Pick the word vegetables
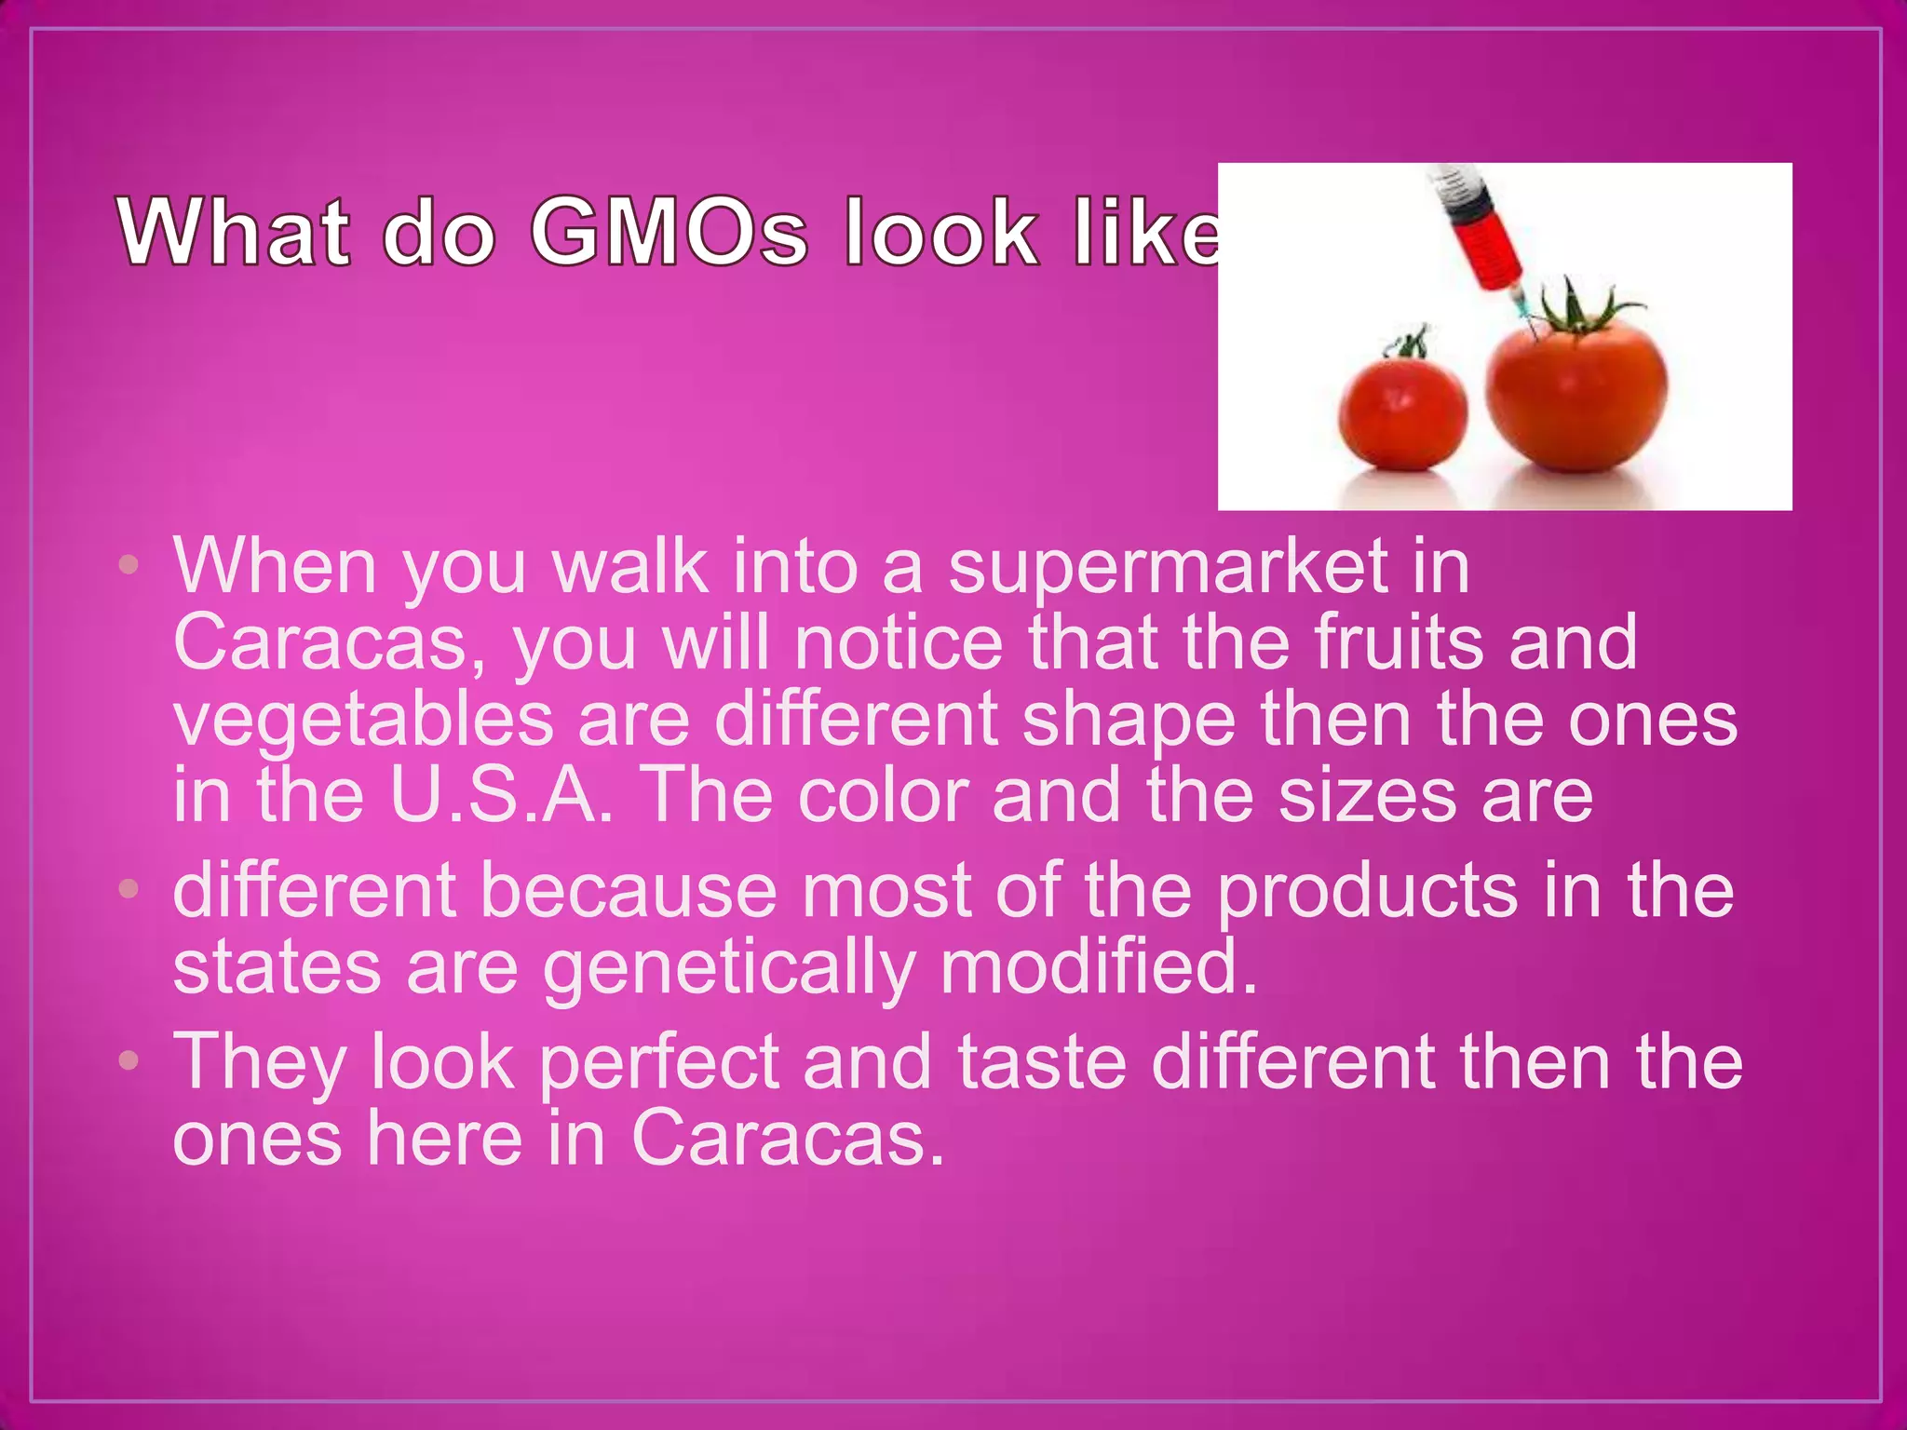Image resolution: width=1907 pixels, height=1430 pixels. [363, 722]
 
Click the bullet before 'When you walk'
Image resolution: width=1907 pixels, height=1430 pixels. [129, 564]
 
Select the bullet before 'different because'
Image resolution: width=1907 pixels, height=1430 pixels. [129, 889]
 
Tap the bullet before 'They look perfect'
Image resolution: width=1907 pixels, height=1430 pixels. [129, 1060]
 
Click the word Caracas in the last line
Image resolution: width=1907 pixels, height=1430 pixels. [787, 1140]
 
